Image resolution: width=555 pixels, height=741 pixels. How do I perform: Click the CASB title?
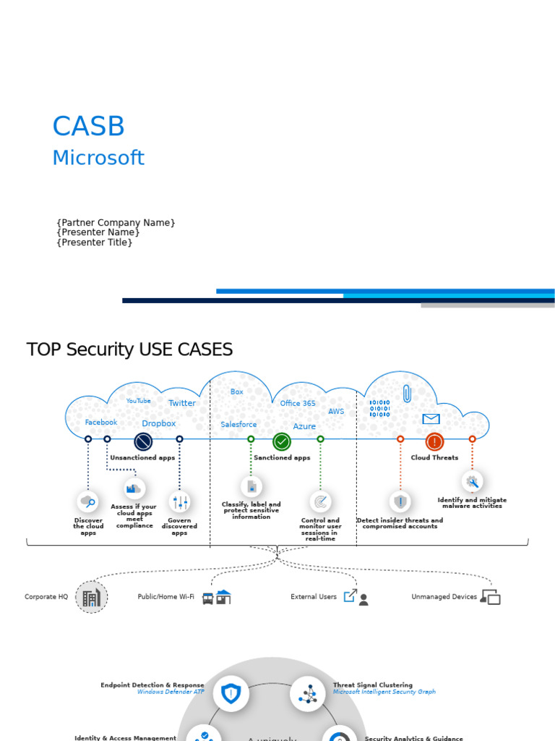(x=88, y=127)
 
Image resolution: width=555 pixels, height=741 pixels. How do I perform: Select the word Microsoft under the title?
(x=98, y=158)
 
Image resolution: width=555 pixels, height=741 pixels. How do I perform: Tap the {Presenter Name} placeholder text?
(x=98, y=232)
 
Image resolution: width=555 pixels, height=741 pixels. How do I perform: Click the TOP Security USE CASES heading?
(x=129, y=350)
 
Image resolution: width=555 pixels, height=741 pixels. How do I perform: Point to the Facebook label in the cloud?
(x=100, y=422)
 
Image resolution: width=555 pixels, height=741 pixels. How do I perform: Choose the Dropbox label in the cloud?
(x=158, y=423)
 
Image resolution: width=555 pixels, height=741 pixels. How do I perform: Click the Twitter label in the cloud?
(x=181, y=403)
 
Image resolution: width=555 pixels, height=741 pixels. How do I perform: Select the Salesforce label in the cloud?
(x=238, y=425)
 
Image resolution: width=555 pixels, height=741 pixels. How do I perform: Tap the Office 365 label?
(x=298, y=403)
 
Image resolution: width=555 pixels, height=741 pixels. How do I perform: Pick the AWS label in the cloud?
(x=336, y=411)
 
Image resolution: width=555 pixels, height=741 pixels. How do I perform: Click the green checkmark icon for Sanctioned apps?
(x=282, y=441)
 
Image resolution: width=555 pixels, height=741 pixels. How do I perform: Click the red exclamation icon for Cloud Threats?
(x=434, y=441)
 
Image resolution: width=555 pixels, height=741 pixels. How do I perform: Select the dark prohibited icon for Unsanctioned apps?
(x=143, y=441)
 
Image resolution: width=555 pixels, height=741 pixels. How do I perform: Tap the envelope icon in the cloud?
(x=431, y=419)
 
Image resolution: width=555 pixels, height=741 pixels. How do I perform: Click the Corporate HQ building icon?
(x=91, y=598)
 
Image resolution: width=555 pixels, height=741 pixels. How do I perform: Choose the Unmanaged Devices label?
(x=444, y=597)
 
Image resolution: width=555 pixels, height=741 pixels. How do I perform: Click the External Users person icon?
(x=363, y=600)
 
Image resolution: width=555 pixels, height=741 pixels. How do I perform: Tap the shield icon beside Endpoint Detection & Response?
(x=231, y=694)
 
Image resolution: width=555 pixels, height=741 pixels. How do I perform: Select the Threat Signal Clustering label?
(x=372, y=685)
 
